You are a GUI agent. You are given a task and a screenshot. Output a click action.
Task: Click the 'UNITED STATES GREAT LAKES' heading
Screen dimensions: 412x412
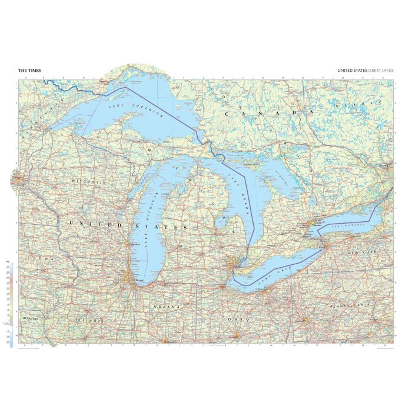pyautogui.click(x=366, y=71)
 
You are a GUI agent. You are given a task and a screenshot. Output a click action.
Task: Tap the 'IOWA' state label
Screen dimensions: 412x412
pyautogui.click(x=44, y=259)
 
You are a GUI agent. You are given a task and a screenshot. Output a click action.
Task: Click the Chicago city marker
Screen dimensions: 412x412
pyautogui.click(x=127, y=276)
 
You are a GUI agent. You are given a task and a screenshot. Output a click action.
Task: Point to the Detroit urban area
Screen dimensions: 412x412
pyautogui.click(x=234, y=263)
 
